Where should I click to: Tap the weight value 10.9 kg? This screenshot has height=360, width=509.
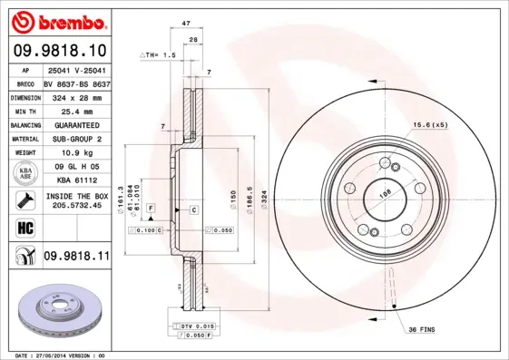pyautogui.click(x=70, y=153)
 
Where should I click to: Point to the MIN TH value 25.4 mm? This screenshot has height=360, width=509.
pyautogui.click(x=70, y=110)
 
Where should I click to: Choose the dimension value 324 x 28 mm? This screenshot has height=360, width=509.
pyautogui.click(x=75, y=95)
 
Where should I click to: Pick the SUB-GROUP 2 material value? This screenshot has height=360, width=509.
pyautogui.click(x=75, y=139)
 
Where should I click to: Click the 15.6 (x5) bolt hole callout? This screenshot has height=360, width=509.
pyautogui.click(x=431, y=124)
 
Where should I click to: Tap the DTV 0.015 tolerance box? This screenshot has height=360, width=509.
pyautogui.click(x=194, y=325)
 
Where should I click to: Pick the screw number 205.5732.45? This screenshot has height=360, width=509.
pyautogui.click(x=77, y=205)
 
